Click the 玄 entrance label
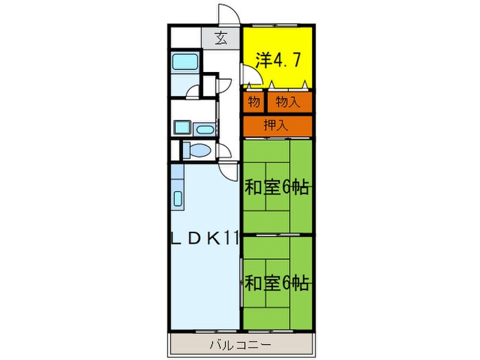coord(221,38)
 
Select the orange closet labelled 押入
coord(276,125)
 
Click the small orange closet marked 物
coord(253,102)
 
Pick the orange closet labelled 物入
coord(288,102)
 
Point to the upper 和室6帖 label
coord(276,187)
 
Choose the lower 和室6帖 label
coord(276,282)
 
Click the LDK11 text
coord(204,240)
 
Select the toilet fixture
coord(199,151)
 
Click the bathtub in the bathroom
coord(184,62)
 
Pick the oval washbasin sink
coord(204,128)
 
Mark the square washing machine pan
coord(182,128)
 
